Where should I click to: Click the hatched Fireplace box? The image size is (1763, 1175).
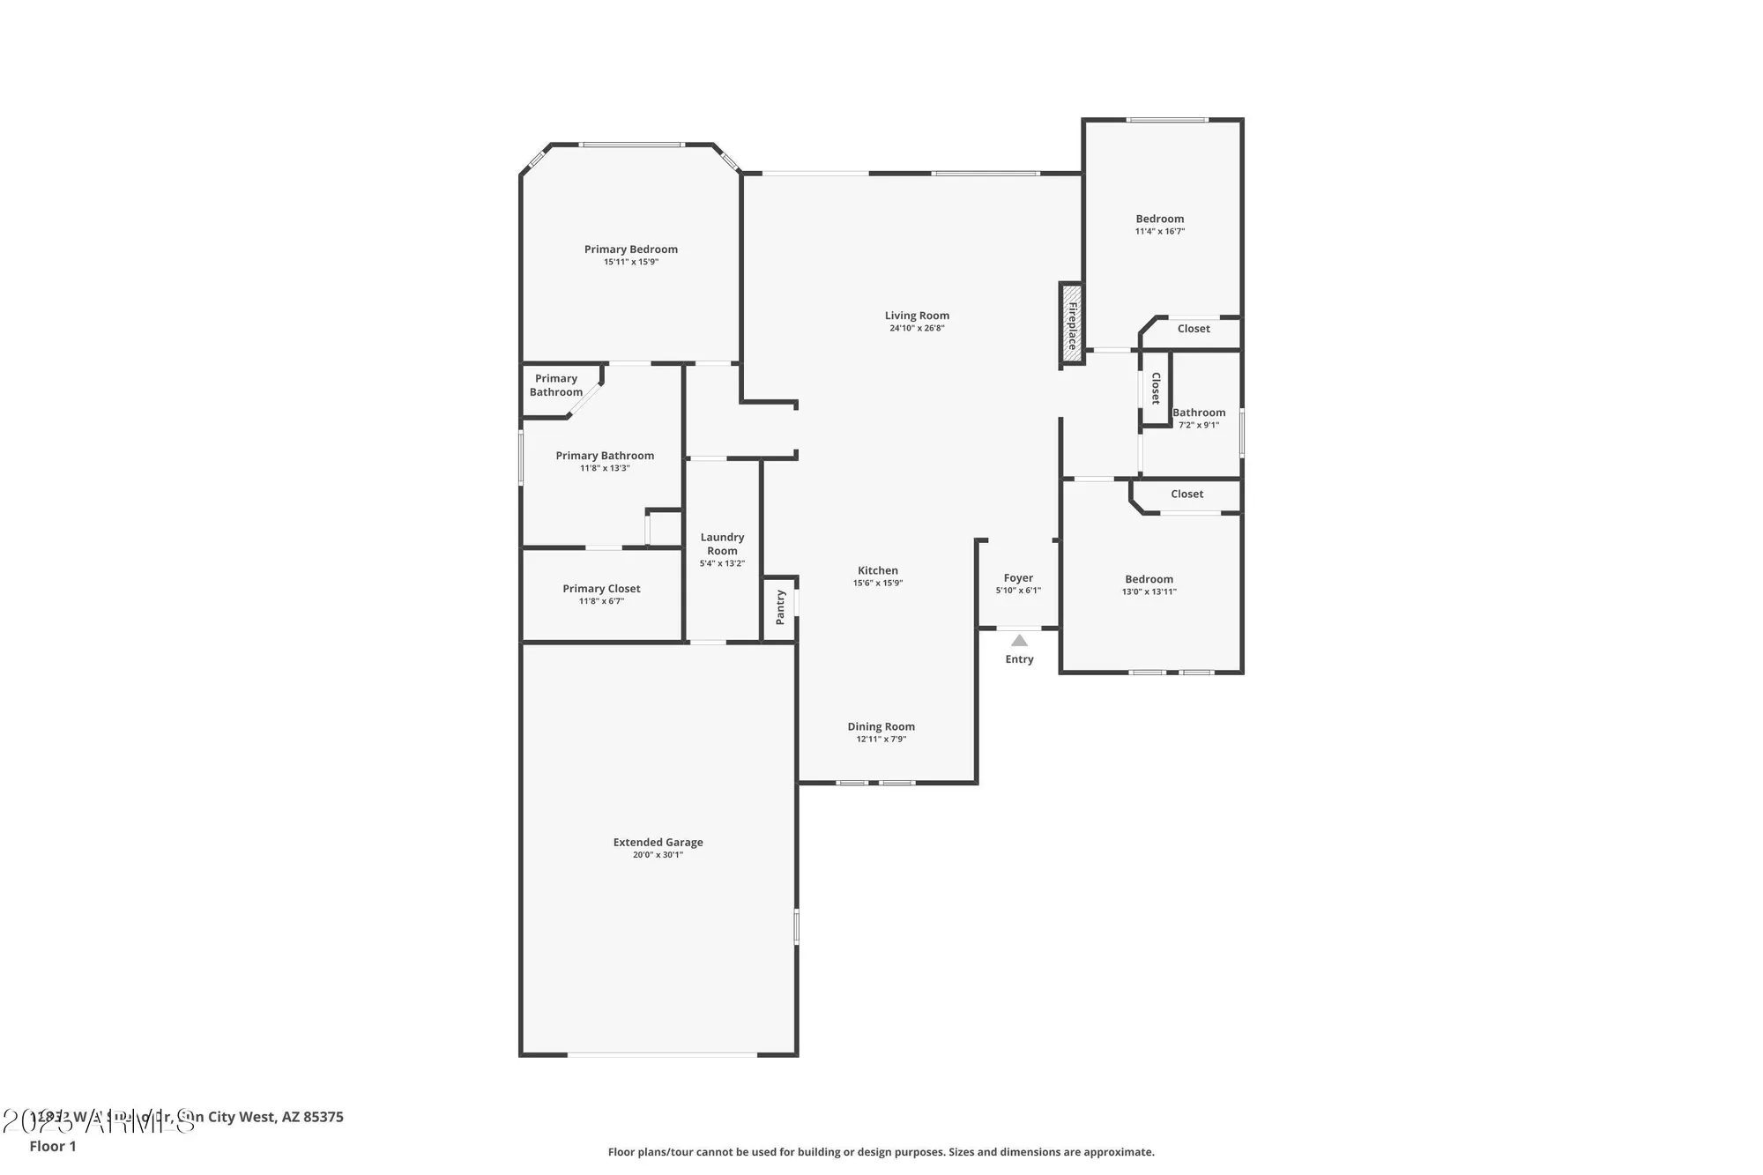click(1071, 324)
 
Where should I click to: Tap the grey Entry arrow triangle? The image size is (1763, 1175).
click(1019, 641)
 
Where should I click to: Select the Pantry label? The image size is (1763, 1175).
click(780, 607)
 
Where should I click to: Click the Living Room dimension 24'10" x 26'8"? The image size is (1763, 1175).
click(917, 329)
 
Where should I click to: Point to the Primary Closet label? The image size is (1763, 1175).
click(601, 589)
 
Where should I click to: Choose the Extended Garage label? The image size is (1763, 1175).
click(658, 842)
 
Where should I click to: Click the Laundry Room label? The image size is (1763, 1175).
click(722, 544)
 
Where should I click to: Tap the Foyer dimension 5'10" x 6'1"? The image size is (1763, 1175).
click(1018, 591)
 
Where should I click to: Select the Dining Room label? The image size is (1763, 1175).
click(881, 726)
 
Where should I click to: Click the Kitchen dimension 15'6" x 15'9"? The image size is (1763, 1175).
click(878, 583)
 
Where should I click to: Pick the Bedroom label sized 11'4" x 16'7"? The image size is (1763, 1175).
click(1159, 219)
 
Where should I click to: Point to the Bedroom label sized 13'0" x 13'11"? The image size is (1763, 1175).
click(1149, 579)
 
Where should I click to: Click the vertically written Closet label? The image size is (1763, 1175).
click(1156, 389)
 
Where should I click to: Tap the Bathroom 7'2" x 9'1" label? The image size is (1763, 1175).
click(1199, 413)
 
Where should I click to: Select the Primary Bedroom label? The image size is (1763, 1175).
click(630, 249)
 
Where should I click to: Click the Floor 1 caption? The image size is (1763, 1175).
click(53, 1146)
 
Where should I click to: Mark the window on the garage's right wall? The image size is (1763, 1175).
click(796, 926)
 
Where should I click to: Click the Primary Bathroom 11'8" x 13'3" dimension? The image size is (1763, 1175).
click(605, 468)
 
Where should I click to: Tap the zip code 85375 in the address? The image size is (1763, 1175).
click(324, 1117)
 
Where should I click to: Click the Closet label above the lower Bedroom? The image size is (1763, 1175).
click(1186, 494)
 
